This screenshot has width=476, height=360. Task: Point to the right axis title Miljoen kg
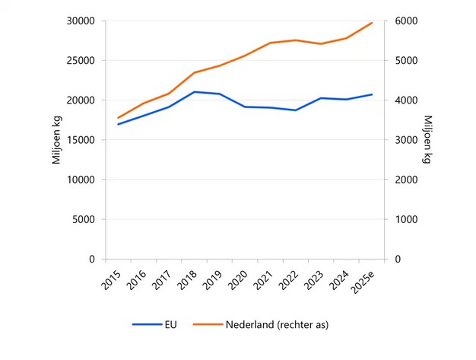click(x=427, y=140)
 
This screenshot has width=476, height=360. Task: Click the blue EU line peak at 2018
click(x=195, y=92)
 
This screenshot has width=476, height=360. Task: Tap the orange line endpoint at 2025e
click(x=372, y=23)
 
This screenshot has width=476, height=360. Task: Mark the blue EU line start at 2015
click(x=119, y=124)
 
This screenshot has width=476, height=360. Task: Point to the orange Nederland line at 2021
click(x=271, y=43)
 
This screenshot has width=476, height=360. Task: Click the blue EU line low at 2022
click(x=296, y=110)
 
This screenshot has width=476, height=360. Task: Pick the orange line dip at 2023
click(x=321, y=44)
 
